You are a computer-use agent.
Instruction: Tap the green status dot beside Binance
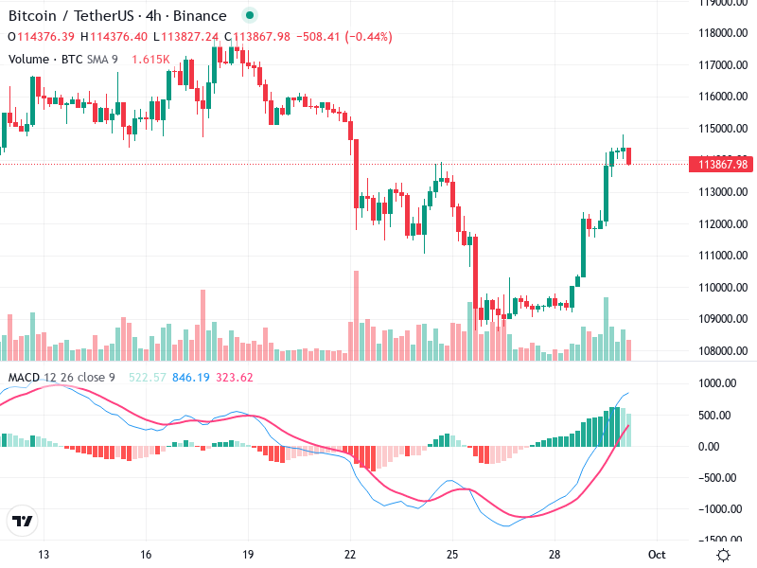249,16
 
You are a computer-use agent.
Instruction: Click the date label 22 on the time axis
350,554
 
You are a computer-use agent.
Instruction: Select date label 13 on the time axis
43,554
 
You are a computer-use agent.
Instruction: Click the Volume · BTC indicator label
45,59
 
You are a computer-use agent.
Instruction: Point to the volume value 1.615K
150,59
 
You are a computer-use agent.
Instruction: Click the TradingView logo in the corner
22,522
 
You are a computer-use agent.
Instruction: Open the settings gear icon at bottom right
723,555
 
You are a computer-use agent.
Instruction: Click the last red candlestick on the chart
629,156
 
